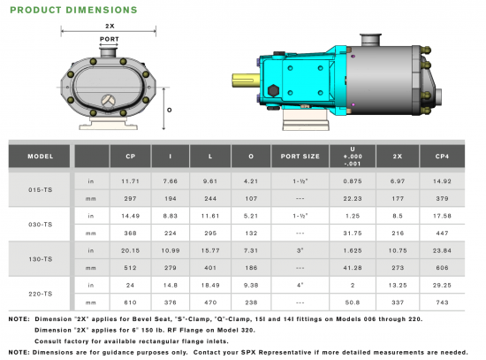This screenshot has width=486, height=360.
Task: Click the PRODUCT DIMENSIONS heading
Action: pos(73,10)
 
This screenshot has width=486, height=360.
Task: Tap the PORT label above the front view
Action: pos(109,39)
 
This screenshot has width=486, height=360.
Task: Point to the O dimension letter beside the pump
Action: pos(170,110)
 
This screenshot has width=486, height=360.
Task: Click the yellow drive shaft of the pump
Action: pos(246,80)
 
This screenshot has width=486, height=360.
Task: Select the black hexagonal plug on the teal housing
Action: pos(273,91)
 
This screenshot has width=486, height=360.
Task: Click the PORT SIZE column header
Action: pos(300,157)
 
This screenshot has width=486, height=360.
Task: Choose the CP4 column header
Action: pos(442,157)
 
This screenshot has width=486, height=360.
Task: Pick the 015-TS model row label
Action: pos(41,189)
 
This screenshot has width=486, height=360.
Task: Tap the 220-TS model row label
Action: pos(41,294)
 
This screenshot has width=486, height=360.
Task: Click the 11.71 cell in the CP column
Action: pos(130,181)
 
